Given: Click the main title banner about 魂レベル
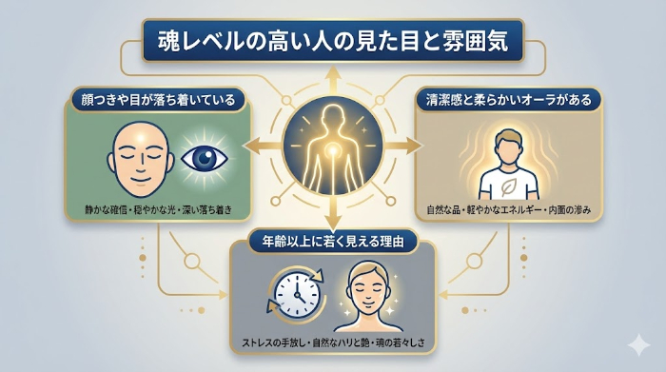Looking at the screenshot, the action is tap(332, 42).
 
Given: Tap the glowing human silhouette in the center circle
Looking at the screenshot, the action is tap(328, 150).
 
